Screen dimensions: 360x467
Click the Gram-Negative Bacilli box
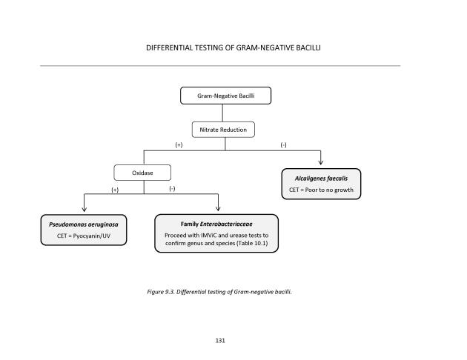click(x=225, y=96)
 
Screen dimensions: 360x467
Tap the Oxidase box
click(x=142, y=173)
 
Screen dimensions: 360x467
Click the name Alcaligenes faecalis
click(x=321, y=179)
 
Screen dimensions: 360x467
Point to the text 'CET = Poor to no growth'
click(x=321, y=190)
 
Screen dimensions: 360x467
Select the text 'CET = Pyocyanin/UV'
click(x=83, y=235)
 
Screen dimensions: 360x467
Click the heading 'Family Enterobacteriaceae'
click(x=216, y=223)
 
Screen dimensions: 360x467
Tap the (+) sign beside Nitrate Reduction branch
click(x=179, y=145)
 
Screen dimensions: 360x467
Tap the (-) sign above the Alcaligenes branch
click(x=284, y=145)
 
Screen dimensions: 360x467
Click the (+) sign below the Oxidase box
click(x=116, y=190)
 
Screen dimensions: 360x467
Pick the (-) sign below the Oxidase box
click(x=172, y=190)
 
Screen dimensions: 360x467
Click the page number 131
click(x=219, y=341)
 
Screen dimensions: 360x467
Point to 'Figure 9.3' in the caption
click(x=161, y=291)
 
